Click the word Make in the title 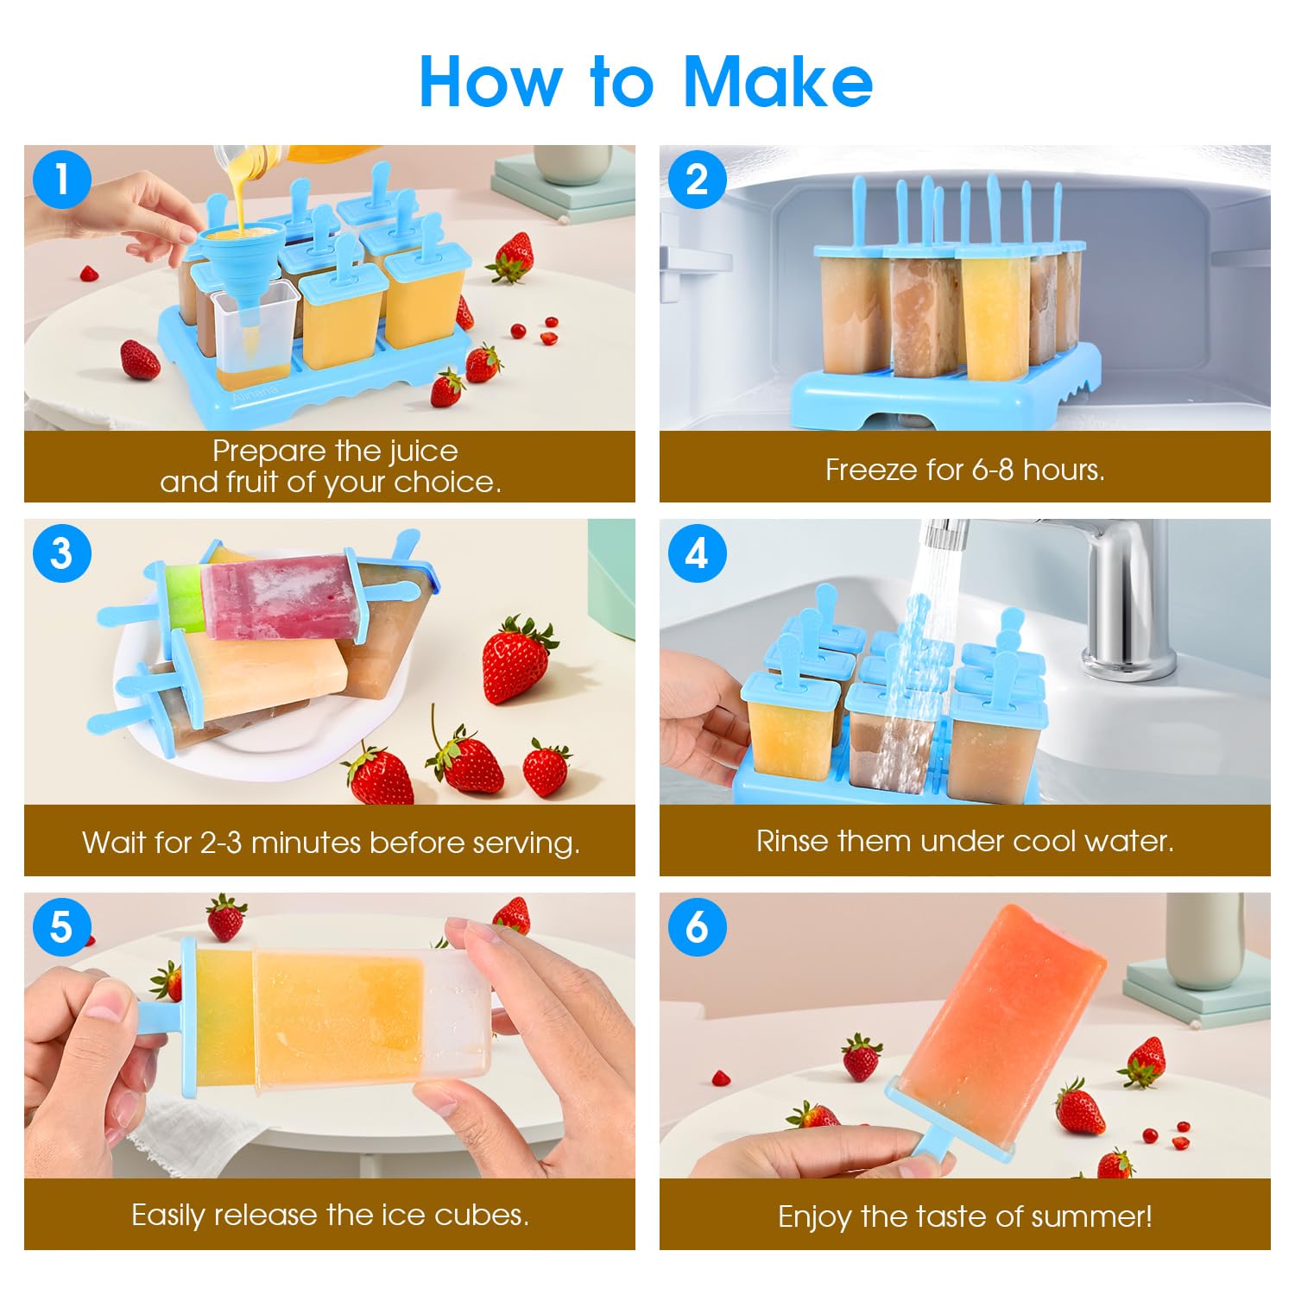pos(778,82)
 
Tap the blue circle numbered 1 pos(62,180)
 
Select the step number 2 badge pos(697,180)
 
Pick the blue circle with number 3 pos(62,553)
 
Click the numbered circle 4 pos(697,553)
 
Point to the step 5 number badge pos(62,927)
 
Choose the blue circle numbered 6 pos(697,927)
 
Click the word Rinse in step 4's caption pos(793,841)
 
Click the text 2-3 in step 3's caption pos(221,843)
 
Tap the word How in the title pos(490,82)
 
